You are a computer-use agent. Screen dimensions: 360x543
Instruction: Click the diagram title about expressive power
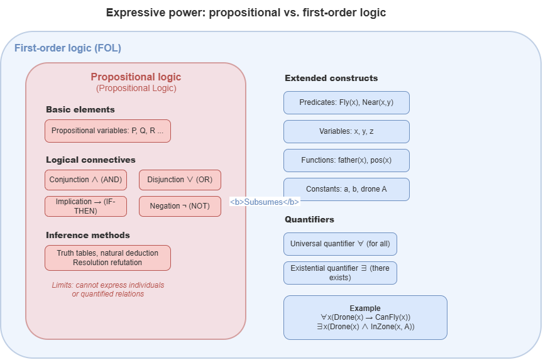tap(246, 13)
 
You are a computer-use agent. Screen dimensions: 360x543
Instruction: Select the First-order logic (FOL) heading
tap(68, 48)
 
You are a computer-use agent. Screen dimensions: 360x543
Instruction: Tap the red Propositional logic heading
tap(136, 77)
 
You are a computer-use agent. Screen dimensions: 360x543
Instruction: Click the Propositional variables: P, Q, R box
tap(107, 131)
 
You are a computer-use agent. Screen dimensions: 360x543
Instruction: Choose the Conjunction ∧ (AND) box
tap(86, 180)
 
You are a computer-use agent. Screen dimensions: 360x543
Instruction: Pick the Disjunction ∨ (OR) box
tap(180, 180)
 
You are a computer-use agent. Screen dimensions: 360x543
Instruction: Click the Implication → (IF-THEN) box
tap(86, 206)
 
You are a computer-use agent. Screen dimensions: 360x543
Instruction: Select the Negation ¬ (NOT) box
tap(180, 206)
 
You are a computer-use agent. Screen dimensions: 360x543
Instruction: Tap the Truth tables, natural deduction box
tap(107, 258)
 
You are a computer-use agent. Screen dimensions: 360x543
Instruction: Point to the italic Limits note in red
tap(107, 290)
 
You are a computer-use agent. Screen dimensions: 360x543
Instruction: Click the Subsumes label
tap(265, 202)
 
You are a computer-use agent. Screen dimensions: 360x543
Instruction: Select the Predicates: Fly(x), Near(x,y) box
tap(346, 102)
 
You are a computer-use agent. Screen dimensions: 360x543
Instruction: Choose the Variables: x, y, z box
tap(346, 131)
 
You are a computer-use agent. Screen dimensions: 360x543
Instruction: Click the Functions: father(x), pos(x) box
tap(346, 160)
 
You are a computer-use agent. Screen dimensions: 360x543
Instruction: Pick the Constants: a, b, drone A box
tap(346, 189)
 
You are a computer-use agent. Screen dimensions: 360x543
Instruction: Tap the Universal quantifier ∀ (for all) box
tap(340, 244)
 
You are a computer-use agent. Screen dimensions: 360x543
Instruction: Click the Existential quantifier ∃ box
tap(340, 273)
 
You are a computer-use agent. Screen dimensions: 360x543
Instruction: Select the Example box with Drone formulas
tap(365, 317)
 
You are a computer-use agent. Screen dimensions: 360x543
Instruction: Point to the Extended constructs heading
tap(331, 79)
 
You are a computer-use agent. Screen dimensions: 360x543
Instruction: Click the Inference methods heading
tap(88, 236)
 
